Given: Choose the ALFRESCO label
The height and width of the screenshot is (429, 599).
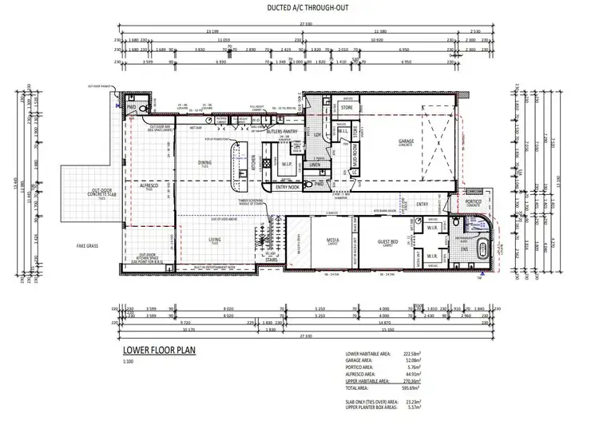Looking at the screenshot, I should (148, 185).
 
